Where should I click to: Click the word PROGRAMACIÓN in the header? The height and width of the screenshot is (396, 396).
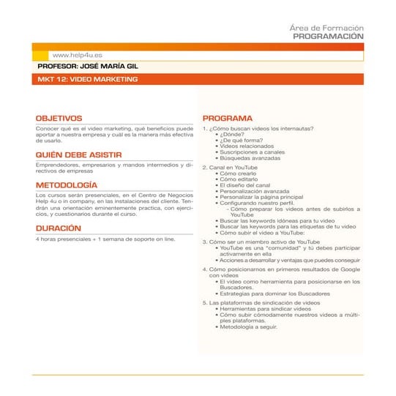(x=328, y=35)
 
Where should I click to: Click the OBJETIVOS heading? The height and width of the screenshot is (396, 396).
(x=59, y=117)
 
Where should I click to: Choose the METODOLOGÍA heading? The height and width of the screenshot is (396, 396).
(x=66, y=185)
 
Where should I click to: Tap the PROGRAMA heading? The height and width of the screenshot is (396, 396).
(x=227, y=118)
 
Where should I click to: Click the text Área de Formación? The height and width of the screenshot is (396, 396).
(x=326, y=27)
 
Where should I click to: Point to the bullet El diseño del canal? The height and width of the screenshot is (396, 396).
(x=249, y=185)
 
